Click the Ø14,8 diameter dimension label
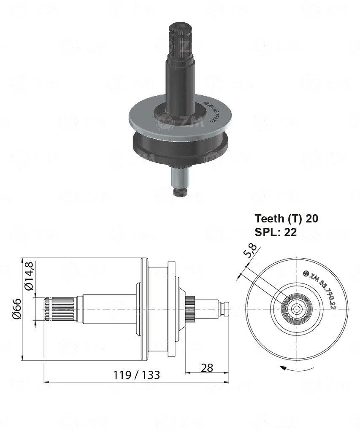click(x=29, y=276)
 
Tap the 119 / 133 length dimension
click(x=136, y=375)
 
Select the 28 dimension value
click(x=206, y=367)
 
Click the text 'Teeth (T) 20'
click(x=286, y=219)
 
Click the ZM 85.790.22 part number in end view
click(x=322, y=290)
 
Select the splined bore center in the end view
click(x=298, y=309)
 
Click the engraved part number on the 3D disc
click(x=209, y=114)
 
